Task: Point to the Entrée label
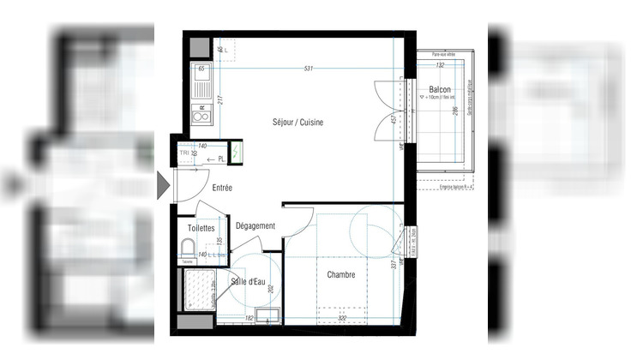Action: [x=223, y=187]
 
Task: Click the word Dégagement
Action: [x=255, y=226]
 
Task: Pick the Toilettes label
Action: [x=202, y=229]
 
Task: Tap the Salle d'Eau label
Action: [x=246, y=281]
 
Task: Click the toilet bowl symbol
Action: [x=188, y=249]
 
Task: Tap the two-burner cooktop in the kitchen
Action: [x=201, y=113]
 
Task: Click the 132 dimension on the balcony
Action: [x=440, y=65]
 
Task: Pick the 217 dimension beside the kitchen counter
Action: [x=220, y=100]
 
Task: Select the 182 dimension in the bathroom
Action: [x=249, y=319]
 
